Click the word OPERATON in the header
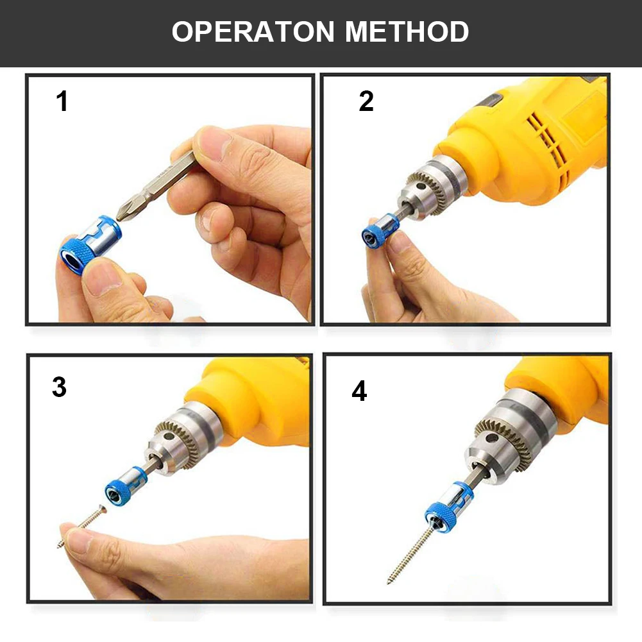[x=253, y=31]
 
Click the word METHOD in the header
[x=407, y=31]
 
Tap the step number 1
[x=62, y=101]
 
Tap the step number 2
[x=366, y=101]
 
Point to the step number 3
[x=60, y=387]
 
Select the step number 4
[x=359, y=391]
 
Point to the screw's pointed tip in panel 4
[x=388, y=582]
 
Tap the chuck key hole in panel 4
[x=491, y=438]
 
